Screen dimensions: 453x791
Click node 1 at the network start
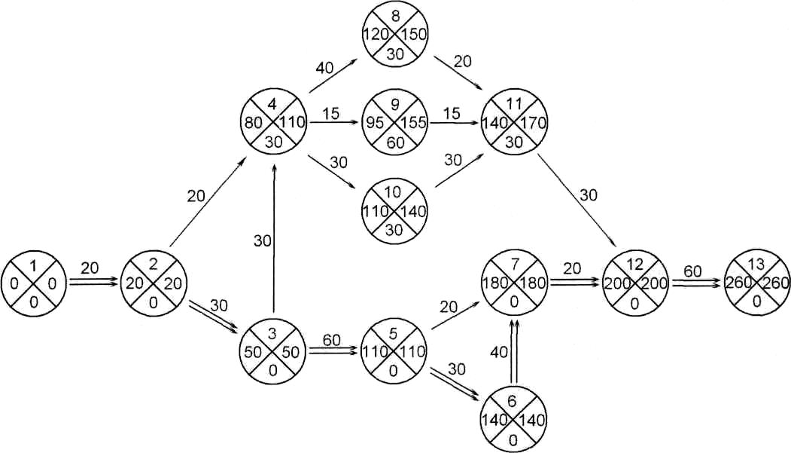click(x=34, y=283)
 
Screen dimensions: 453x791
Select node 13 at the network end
click(x=756, y=283)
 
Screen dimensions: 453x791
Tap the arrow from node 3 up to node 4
click(x=275, y=241)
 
